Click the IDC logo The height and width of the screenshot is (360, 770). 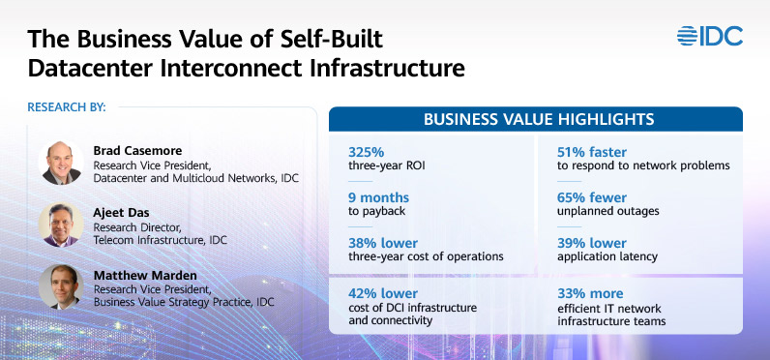coord(710,37)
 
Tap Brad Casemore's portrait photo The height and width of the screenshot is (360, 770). coord(60,163)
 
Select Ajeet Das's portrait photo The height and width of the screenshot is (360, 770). coord(60,225)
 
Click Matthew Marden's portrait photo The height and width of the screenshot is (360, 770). coord(60,286)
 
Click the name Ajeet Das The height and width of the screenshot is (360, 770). coord(121,213)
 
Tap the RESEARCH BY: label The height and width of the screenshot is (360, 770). coord(67,106)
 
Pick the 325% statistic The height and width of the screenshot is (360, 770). coord(367,151)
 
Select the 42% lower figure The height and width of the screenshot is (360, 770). coord(382,292)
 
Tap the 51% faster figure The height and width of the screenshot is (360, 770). coord(592,151)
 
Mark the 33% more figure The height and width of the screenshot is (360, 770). coord(590,292)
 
